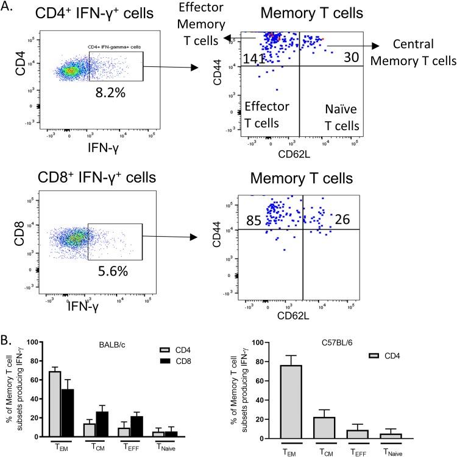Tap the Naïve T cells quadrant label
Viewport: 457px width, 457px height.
coord(340,113)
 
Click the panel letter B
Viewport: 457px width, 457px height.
coord(7,329)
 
